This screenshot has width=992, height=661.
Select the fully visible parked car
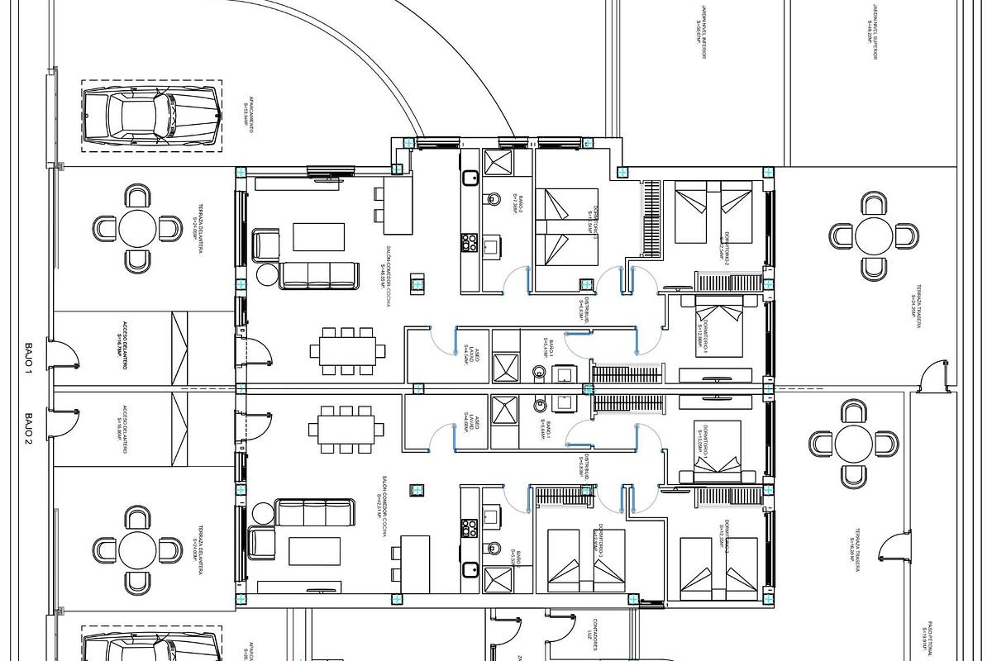(x=151, y=116)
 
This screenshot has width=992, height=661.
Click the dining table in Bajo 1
(x=347, y=347)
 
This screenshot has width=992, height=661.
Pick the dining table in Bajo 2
(x=347, y=429)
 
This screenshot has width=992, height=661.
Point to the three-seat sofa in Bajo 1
(x=319, y=275)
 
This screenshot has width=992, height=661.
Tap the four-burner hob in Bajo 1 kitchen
(x=469, y=242)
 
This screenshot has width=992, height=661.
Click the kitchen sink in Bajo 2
(x=469, y=569)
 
